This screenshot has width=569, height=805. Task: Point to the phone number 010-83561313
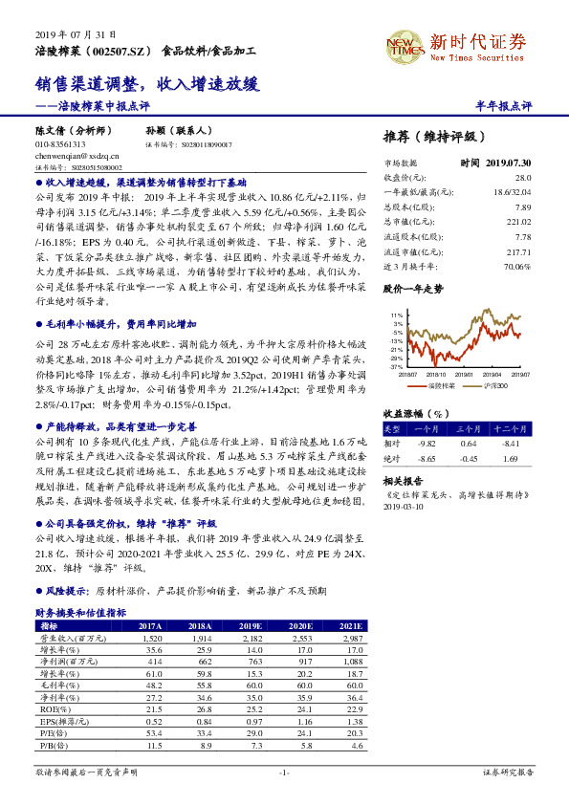tap(60, 143)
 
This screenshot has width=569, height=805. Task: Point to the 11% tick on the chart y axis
tap(397, 314)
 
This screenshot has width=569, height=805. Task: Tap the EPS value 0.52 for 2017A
tap(154, 721)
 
